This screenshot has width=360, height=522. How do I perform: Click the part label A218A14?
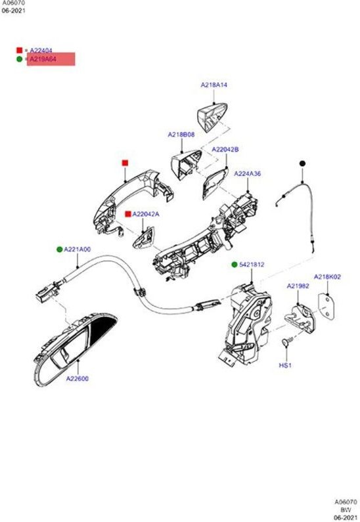click(214, 85)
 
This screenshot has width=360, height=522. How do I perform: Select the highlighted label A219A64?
click(43, 59)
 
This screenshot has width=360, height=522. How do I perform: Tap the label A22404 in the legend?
click(41, 50)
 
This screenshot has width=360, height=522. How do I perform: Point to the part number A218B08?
click(181, 135)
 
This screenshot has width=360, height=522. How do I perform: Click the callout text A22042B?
click(225, 150)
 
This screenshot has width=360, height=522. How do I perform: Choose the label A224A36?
click(248, 174)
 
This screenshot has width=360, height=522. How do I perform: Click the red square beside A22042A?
click(127, 214)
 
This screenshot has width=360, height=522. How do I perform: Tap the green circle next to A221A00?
click(59, 250)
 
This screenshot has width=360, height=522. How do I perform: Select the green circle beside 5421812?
click(234, 265)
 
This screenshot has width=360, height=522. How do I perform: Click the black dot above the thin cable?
click(303, 162)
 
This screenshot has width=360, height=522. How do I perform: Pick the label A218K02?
click(327, 278)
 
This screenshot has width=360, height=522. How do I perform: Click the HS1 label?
click(285, 364)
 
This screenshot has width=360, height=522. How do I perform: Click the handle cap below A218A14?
click(213, 115)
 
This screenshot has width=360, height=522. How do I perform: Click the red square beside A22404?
click(20, 50)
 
